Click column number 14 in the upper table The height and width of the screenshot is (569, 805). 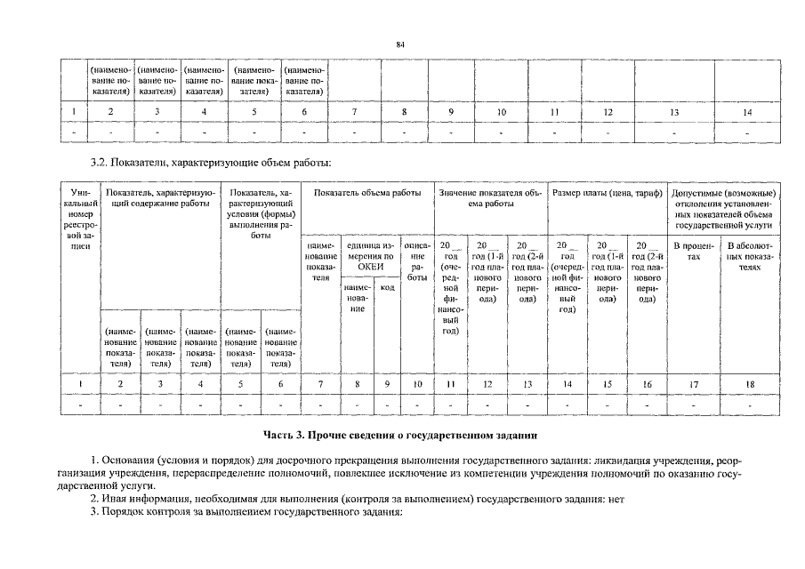click(748, 112)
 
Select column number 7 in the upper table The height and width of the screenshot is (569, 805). click(354, 112)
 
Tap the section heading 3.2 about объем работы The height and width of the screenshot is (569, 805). click(212, 163)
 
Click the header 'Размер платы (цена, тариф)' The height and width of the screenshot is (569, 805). click(608, 193)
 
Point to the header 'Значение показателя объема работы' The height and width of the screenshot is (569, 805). click(490, 198)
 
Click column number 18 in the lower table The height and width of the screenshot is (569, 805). click(751, 384)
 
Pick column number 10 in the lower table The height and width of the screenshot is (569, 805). click(417, 384)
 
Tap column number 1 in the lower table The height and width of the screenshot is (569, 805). click(80, 384)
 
